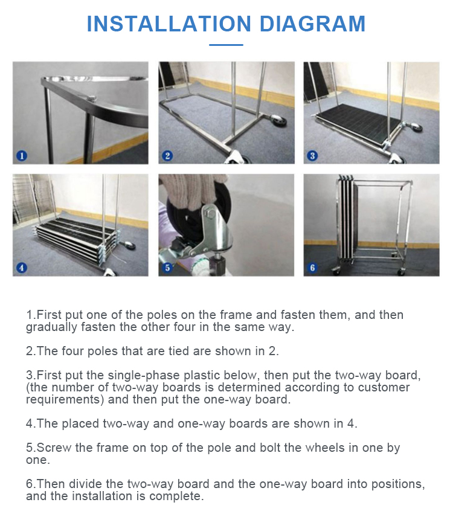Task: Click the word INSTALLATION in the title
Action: click(x=169, y=24)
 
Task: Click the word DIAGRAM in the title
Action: click(x=312, y=24)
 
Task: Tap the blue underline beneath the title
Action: click(x=226, y=45)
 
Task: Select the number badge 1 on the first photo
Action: click(x=22, y=156)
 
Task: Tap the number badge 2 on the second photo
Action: click(x=167, y=156)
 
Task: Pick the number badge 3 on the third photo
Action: click(x=312, y=156)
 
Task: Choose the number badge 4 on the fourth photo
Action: click(x=22, y=268)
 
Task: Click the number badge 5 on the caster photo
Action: click(x=167, y=268)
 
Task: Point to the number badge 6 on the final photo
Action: click(x=312, y=268)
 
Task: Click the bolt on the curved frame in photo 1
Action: click(x=92, y=97)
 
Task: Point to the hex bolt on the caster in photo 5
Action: click(x=210, y=214)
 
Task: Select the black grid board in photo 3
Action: click(x=359, y=123)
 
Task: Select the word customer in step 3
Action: click(x=384, y=388)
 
